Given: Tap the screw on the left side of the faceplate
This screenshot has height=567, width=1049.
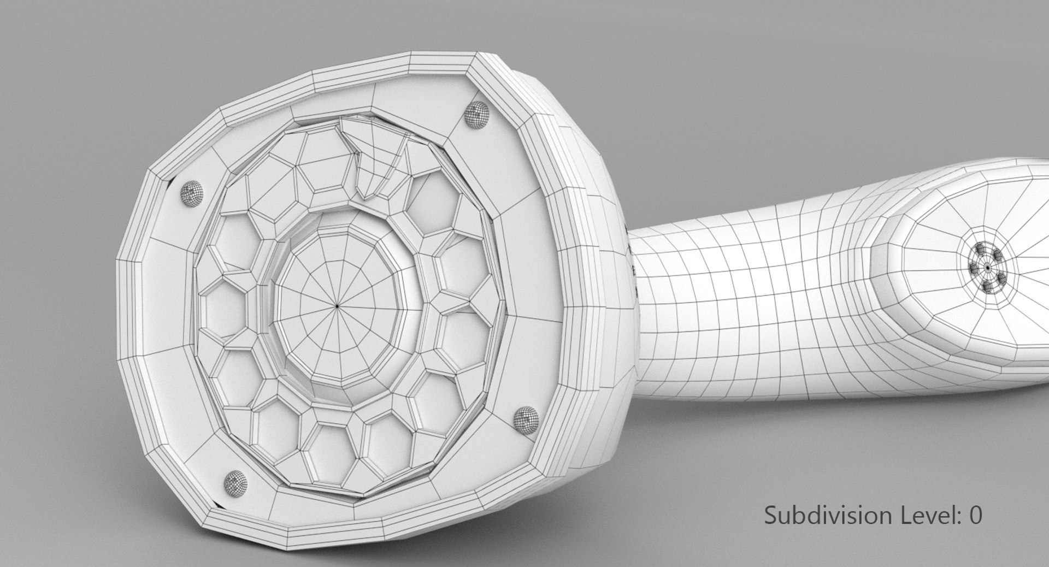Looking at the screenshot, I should (190, 192).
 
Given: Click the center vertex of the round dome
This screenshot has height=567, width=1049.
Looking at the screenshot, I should (337, 306).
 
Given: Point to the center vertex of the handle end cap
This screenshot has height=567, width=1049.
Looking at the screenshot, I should (987, 268).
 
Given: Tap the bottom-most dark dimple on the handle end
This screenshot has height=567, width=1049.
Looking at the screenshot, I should (987, 287).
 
